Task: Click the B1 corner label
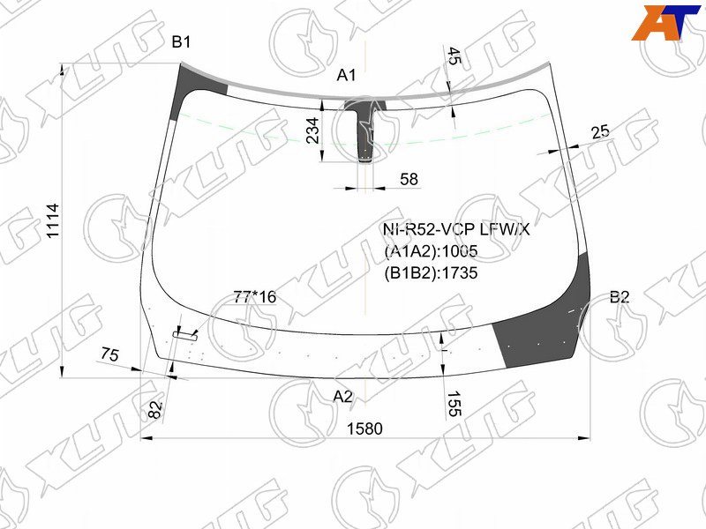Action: tap(181, 42)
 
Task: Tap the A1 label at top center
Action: tap(346, 75)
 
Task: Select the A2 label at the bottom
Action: tap(343, 396)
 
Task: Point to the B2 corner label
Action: tap(620, 297)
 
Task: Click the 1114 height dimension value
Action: tap(53, 221)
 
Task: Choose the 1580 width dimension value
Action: tap(364, 428)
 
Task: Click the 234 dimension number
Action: tap(312, 130)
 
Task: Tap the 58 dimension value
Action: tap(409, 179)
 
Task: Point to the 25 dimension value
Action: tap(600, 132)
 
